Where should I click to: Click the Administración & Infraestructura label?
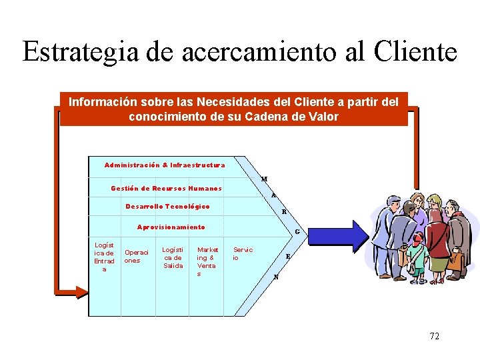[x=165, y=165]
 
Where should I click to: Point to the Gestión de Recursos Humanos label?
[x=166, y=189]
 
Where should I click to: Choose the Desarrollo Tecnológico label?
[x=167, y=207]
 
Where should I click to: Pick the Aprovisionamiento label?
[x=171, y=227]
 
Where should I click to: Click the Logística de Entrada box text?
[x=104, y=257]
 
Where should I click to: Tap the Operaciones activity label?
[x=137, y=257]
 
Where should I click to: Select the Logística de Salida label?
[x=173, y=257]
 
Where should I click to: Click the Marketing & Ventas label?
[x=207, y=261]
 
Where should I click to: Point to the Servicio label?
[x=242, y=253]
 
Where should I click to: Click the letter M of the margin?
[x=265, y=179]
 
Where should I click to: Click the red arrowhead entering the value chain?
[x=81, y=291]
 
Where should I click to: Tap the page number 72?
[x=434, y=337]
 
